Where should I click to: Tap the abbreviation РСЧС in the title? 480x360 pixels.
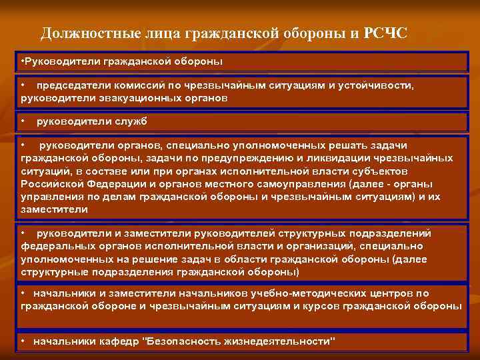pos(385,33)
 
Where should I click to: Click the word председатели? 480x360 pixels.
pos(73,85)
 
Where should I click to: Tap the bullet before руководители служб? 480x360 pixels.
pos(23,121)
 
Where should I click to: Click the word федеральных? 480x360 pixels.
pos(53,246)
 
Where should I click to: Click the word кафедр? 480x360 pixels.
pos(119,341)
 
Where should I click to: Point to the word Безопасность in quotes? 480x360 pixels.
pos(181,341)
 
